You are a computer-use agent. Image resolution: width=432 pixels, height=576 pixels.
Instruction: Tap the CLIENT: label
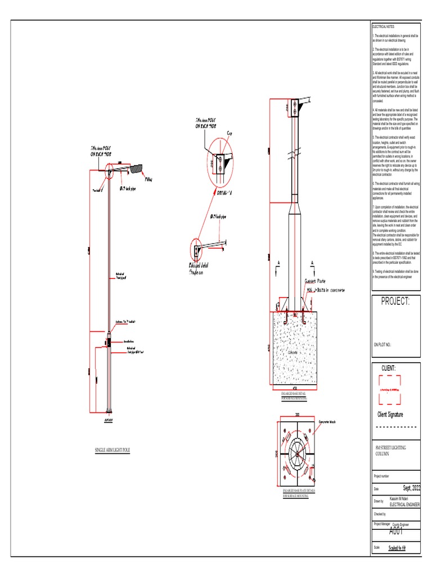coord(390,368)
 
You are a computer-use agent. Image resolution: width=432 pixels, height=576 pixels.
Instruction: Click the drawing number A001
coord(396,532)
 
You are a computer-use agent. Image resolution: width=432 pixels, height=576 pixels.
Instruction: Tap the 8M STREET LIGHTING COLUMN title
coord(390,450)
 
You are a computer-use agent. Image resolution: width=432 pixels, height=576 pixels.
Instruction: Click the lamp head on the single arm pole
coord(136,166)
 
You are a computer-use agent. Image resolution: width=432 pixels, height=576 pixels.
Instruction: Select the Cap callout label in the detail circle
coord(229,133)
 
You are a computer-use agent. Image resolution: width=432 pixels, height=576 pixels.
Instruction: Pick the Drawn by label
coord(378,501)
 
